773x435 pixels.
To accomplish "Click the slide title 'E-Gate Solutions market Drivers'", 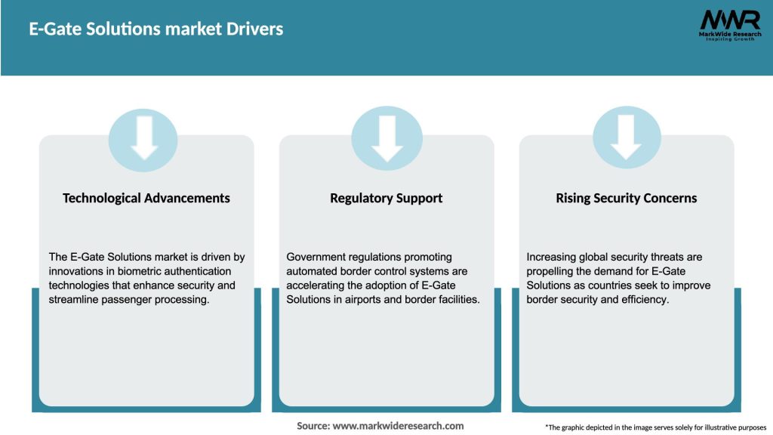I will click(x=156, y=29).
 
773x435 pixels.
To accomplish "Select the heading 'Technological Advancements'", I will click(x=146, y=198).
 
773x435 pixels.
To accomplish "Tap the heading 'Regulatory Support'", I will click(x=386, y=198).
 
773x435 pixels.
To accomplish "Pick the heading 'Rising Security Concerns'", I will click(x=626, y=198).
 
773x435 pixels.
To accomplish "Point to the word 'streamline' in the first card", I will click(x=74, y=300).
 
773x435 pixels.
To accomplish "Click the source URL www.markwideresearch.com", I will click(x=398, y=426).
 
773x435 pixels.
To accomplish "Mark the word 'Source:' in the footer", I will click(x=313, y=426).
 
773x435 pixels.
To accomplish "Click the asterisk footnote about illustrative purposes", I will click(x=655, y=427).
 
